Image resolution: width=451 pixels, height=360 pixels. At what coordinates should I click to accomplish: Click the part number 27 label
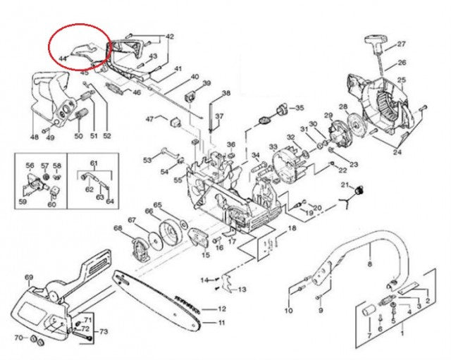[x=402, y=44]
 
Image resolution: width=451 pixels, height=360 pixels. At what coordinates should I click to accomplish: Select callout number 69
[x=29, y=278]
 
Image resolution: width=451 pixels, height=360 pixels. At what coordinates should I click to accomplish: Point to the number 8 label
[x=369, y=265]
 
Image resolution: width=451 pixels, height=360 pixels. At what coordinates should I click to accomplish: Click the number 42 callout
[x=169, y=36]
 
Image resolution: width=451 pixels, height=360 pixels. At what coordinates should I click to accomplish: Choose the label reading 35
[x=299, y=108]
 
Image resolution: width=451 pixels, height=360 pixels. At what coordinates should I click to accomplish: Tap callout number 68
[x=118, y=228]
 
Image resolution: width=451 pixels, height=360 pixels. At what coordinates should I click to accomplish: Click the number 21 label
[x=345, y=185]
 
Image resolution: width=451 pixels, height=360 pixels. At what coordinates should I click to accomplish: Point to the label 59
[x=23, y=202]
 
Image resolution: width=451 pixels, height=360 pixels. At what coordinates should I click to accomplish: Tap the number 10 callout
[x=288, y=311]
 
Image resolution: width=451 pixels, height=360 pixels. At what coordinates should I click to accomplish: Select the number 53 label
[x=147, y=161]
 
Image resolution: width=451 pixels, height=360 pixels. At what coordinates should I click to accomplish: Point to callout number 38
[x=225, y=94]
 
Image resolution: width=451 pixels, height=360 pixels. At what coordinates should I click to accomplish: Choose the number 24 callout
[x=397, y=151]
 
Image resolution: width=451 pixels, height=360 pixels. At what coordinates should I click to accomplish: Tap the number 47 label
[x=150, y=119]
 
